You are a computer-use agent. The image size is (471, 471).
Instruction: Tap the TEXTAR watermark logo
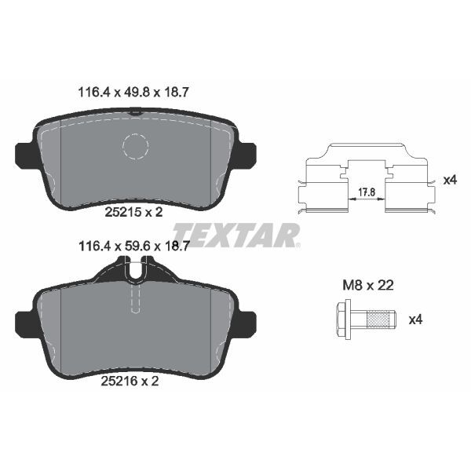[x=235, y=234]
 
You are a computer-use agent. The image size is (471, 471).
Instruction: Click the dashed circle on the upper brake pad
[x=136, y=146]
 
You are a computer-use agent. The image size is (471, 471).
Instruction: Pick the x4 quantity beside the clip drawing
[x=450, y=180]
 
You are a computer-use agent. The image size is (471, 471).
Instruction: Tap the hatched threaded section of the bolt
[x=380, y=319]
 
